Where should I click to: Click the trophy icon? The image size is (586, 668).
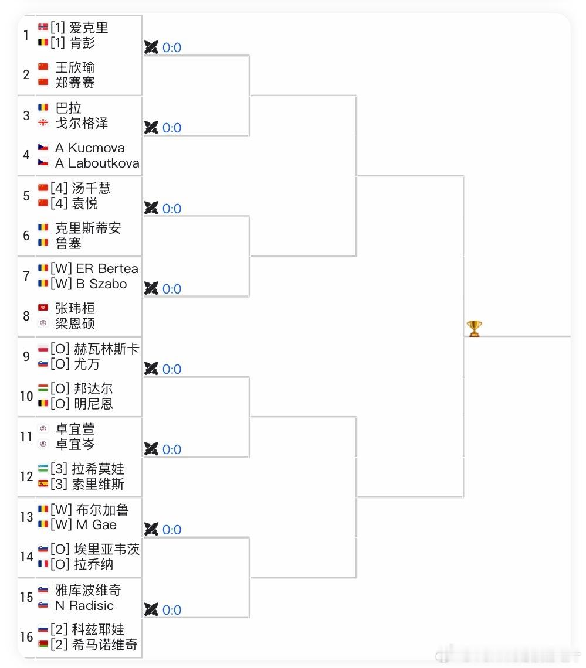[473, 328]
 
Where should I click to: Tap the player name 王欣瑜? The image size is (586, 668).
[74, 67]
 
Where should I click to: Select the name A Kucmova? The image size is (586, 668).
[90, 148]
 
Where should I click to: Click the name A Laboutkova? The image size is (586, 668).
[97, 163]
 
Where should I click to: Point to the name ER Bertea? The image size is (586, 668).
[107, 269]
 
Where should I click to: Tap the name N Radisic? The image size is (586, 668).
[84, 605]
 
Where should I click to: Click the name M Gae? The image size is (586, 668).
[96, 525]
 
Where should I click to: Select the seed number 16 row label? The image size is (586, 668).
[26, 637]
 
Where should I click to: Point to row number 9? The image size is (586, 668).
[26, 356]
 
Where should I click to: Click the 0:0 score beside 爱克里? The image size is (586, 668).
[172, 48]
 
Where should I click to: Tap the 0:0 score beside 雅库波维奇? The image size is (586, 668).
[172, 611]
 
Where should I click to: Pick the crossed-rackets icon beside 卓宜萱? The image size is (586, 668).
[151, 449]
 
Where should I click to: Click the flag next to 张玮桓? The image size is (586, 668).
[43, 308]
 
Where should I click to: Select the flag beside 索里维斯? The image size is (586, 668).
[43, 484]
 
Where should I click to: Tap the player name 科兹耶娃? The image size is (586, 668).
[98, 629]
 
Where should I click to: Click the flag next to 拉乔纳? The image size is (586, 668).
[43, 564]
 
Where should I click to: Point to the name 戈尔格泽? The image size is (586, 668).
[82, 123]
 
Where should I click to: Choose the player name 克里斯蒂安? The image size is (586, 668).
[88, 228]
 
